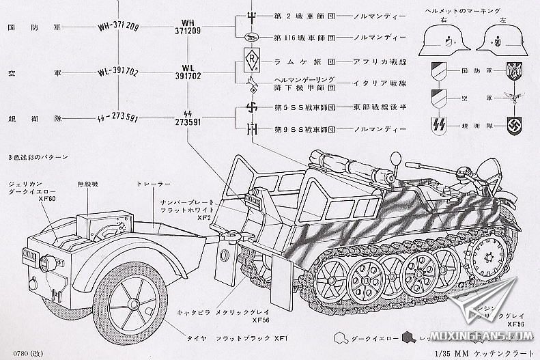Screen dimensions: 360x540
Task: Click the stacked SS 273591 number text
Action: tap(187, 117)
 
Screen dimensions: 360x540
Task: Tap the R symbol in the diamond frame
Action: tap(249, 59)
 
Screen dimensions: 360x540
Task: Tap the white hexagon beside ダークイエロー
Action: tap(339, 337)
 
